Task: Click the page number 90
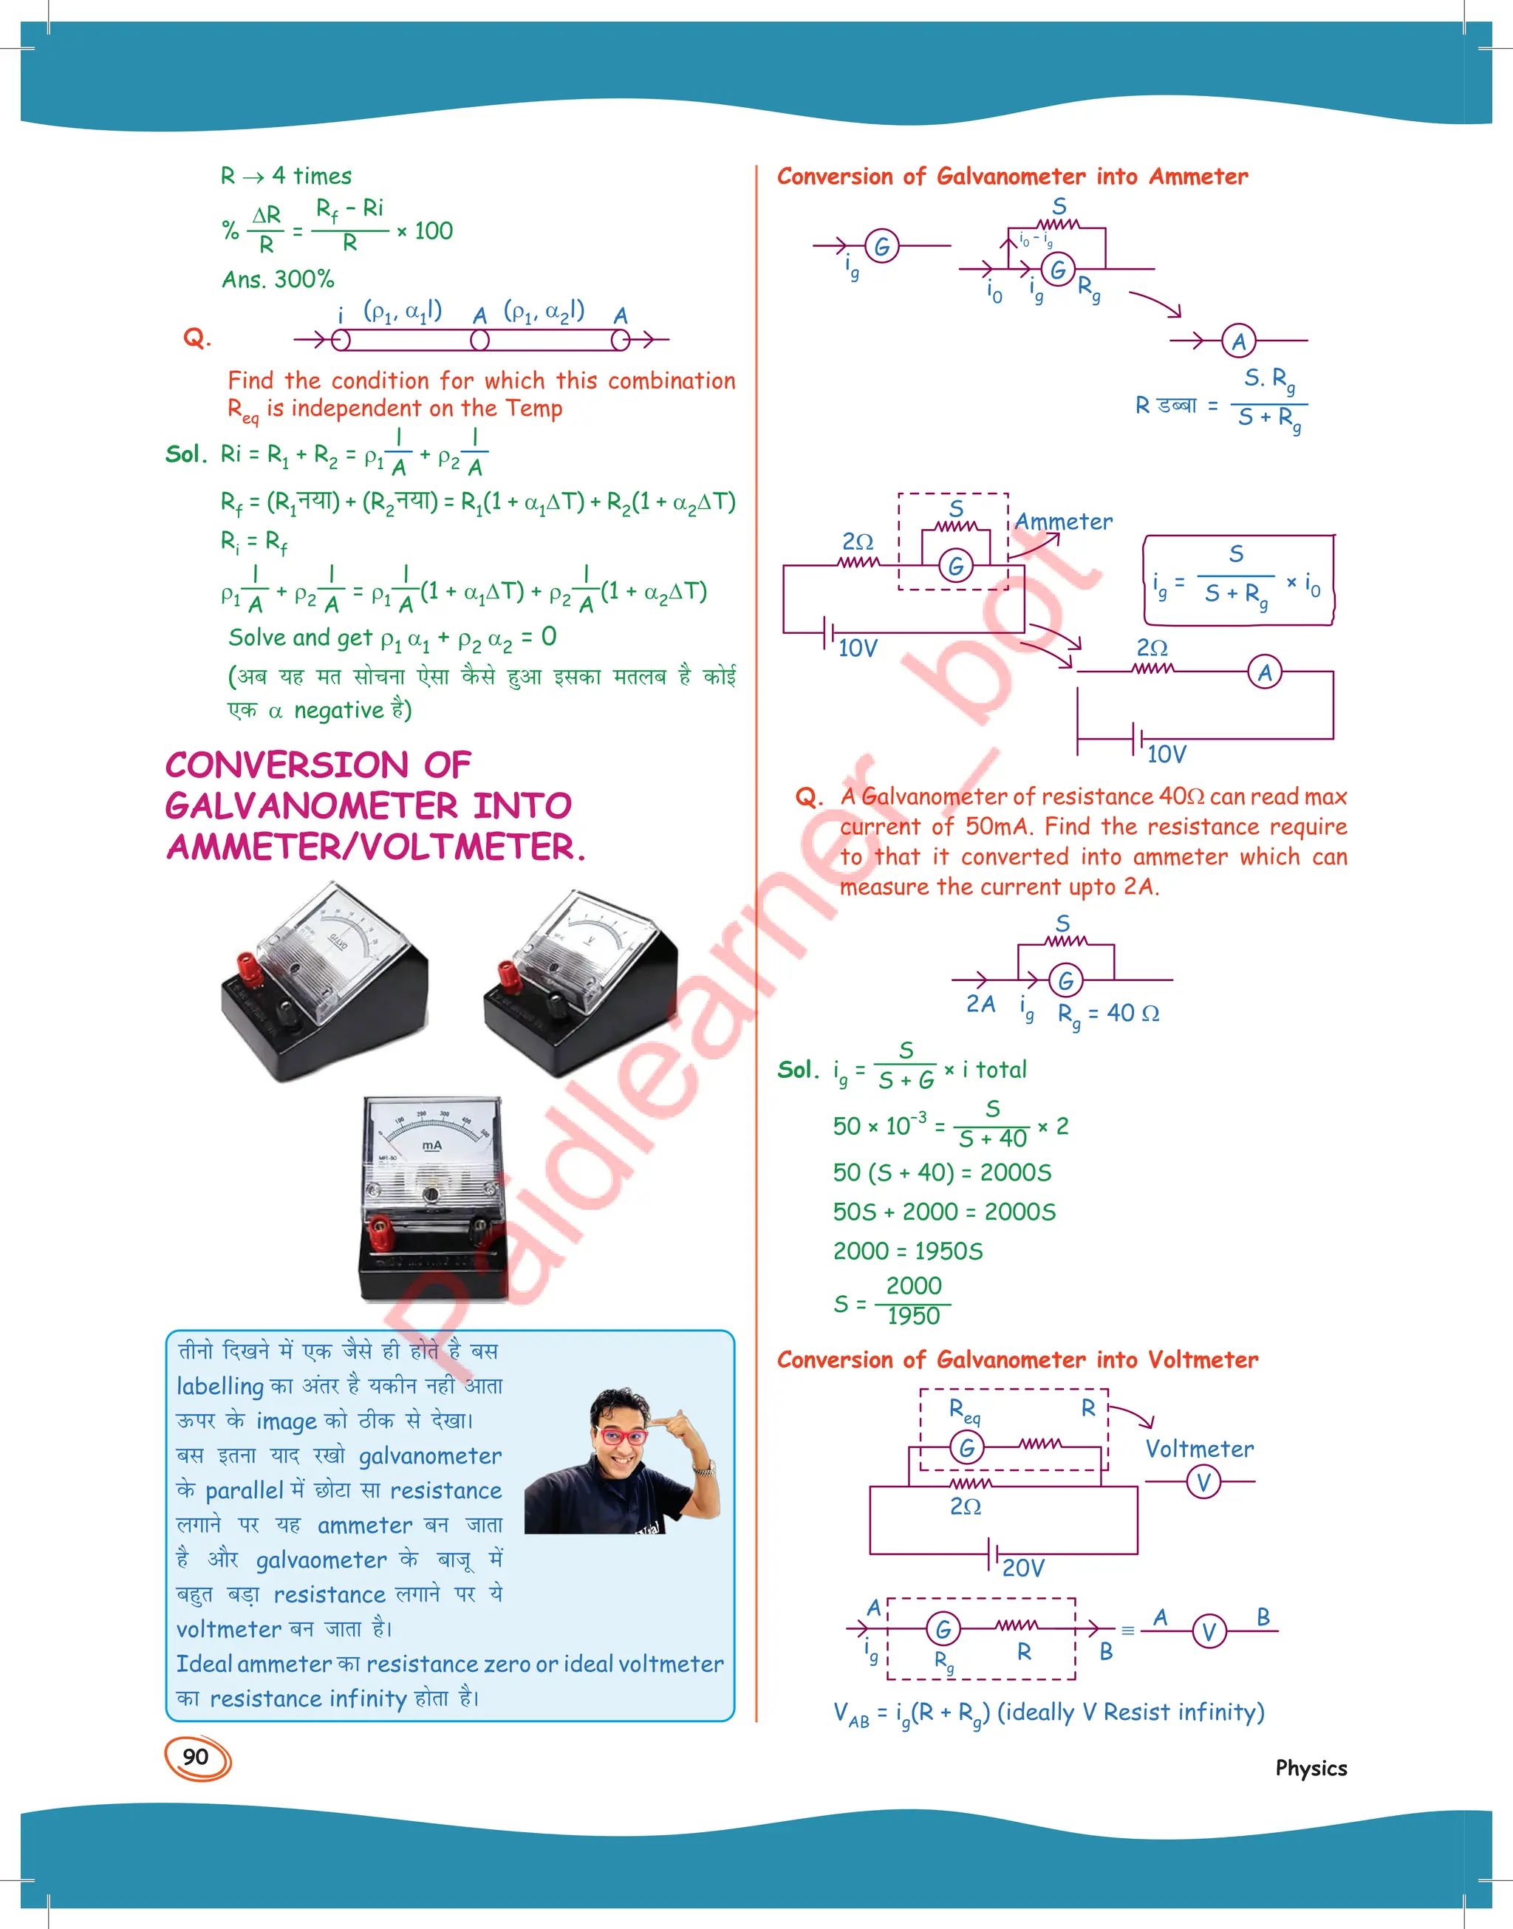coord(196,1757)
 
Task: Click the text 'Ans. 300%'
coord(277,280)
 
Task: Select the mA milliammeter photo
coord(431,1198)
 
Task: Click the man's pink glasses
coord(623,1435)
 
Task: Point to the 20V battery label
coord(1023,1568)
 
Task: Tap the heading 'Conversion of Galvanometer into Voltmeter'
coord(1017,1360)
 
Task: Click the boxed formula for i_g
coord(1237,580)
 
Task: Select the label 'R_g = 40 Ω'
coord(1108,1014)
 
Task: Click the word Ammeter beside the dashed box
coord(1063,522)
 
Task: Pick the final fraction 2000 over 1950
coord(912,1301)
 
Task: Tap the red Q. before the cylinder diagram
coord(197,338)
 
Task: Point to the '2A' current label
coord(980,1004)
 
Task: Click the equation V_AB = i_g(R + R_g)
coord(1048,1713)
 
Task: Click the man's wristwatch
coord(703,1470)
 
